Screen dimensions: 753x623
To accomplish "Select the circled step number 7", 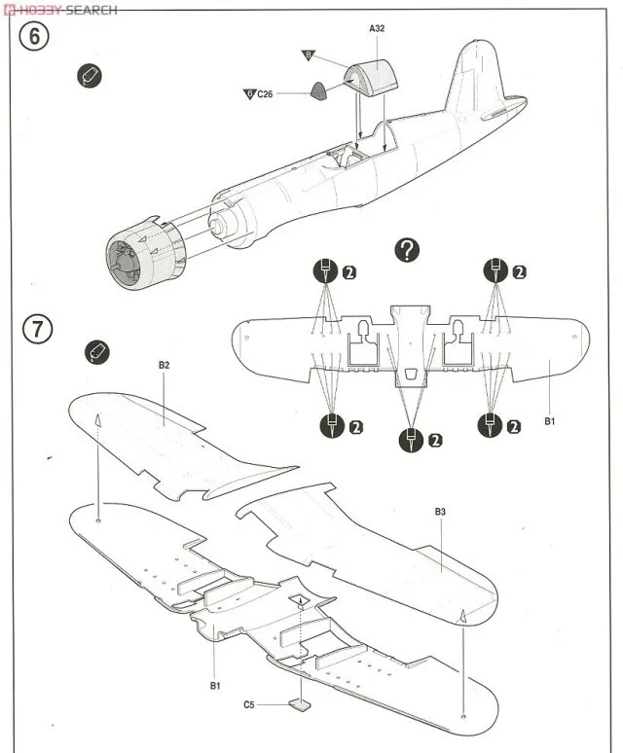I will tap(36, 329).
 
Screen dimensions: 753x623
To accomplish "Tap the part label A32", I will tap(378, 29).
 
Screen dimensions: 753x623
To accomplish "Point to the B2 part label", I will tap(165, 365).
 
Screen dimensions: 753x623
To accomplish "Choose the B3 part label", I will tap(440, 511).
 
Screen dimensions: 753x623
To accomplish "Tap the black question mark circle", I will tap(407, 250).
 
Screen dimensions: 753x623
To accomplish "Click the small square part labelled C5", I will tap(301, 705).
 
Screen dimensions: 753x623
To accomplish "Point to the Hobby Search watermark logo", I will tap(60, 9).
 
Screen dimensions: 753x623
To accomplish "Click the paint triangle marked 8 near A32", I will tap(309, 55).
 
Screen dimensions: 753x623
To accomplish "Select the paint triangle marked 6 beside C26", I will tap(249, 94).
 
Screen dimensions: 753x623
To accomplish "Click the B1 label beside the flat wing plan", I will tap(549, 421).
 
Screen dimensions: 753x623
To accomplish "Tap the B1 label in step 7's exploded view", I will tap(215, 685).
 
